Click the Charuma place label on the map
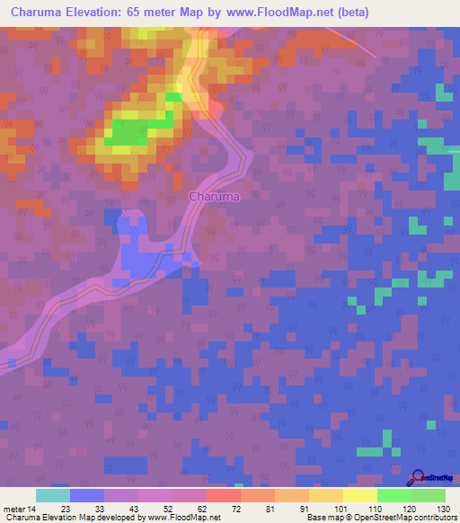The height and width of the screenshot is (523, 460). tap(214, 196)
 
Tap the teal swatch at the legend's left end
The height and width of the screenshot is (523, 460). tap(53, 495)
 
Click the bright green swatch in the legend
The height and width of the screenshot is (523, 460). tap(394, 495)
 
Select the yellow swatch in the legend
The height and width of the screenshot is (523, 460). tap(360, 495)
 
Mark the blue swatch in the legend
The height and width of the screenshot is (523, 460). tap(87, 495)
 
